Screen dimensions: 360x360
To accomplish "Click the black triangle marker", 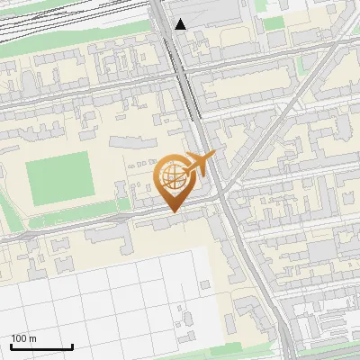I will pyautogui.click(x=181, y=24).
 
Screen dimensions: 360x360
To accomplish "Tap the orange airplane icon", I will pyautogui.click(x=199, y=165).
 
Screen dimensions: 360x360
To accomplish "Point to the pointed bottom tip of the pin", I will pyautogui.click(x=174, y=211).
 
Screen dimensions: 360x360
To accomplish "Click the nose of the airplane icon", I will pyautogui.click(x=213, y=155).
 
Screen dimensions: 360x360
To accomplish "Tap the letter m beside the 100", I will pyautogui.click(x=32, y=338).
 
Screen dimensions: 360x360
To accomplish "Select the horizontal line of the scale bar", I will pyautogui.click(x=41, y=346).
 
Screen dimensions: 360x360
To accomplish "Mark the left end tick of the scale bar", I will pyautogui.click(x=11, y=345).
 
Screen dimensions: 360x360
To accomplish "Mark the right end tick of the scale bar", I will pyautogui.click(x=72, y=345).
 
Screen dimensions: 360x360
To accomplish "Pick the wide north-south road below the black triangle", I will pyautogui.click(x=184, y=81).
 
